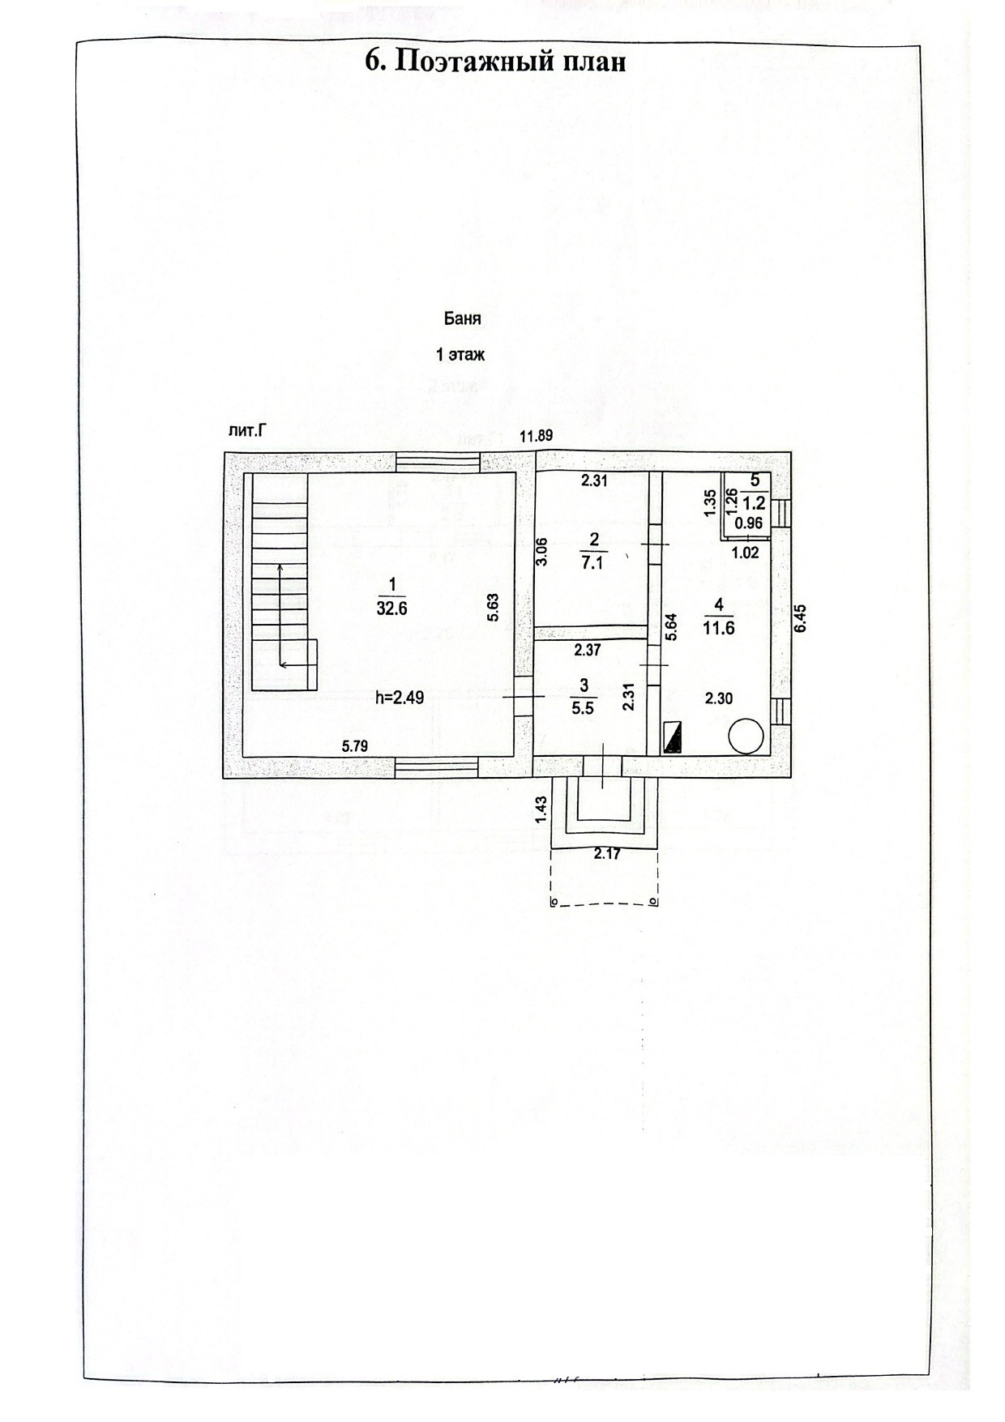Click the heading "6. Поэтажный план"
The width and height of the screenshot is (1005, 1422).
tap(496, 62)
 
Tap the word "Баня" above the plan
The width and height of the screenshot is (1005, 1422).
tap(462, 318)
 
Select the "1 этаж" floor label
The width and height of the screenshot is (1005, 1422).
tap(460, 354)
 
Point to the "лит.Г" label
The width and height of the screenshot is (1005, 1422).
tap(248, 432)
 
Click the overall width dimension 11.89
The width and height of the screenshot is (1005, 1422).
tap(536, 436)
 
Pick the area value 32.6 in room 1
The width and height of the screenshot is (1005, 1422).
tap(391, 609)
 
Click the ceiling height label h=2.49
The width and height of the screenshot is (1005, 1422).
tap(400, 698)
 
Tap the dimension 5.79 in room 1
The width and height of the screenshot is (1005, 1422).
tap(355, 746)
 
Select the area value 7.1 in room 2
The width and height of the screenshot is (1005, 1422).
tap(592, 563)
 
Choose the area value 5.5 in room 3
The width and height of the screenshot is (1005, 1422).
tap(583, 707)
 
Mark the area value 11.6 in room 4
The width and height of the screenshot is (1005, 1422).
tap(719, 627)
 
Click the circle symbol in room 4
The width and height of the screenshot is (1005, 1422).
tap(746, 737)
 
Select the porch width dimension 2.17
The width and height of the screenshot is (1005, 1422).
tap(607, 853)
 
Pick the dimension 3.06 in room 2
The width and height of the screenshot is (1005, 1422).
tap(543, 551)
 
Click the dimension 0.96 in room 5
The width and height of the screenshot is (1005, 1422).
tap(749, 523)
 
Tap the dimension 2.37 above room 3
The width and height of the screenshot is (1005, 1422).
tap(587, 649)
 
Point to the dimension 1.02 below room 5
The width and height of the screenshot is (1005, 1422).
tap(745, 553)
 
